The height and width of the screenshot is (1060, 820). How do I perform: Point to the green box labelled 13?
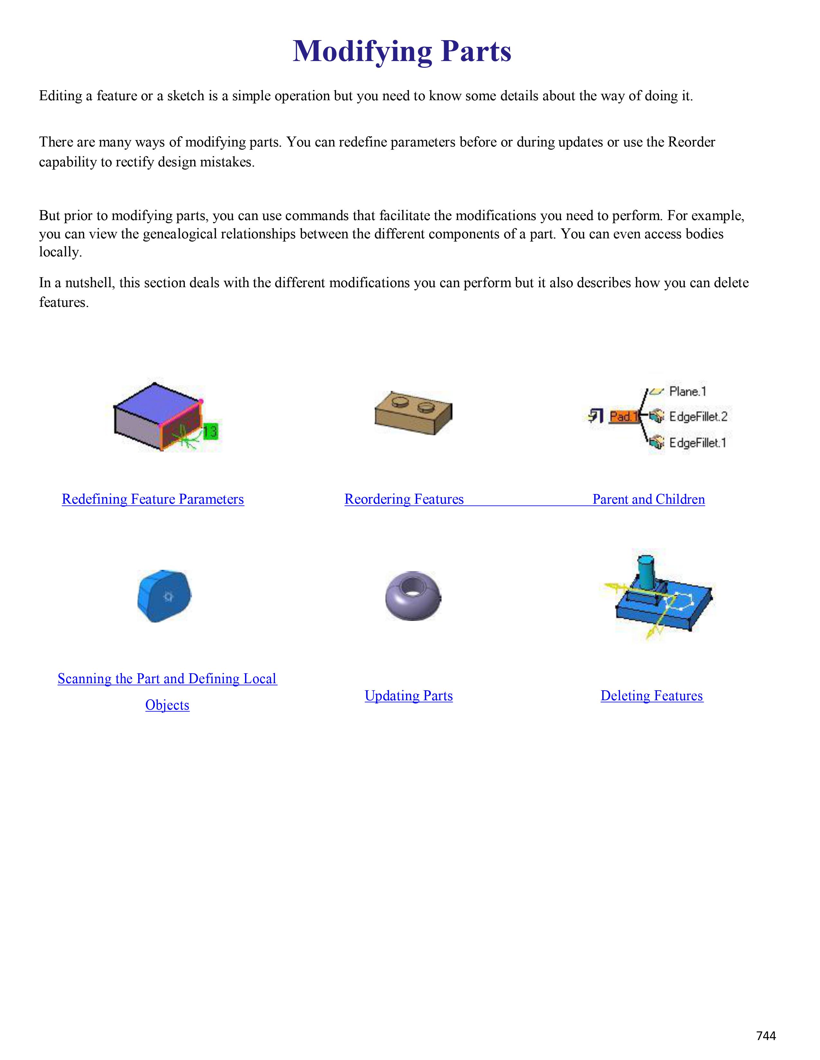(210, 431)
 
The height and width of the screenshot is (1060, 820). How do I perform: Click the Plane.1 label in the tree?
(688, 391)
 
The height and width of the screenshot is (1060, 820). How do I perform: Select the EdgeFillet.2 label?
(697, 416)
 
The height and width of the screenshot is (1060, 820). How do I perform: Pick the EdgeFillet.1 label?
(697, 443)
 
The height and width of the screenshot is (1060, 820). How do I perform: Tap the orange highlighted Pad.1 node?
(623, 416)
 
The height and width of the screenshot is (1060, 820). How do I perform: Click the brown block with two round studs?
(413, 413)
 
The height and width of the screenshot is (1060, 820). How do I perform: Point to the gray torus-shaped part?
(413, 596)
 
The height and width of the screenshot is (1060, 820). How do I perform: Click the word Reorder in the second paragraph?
(691, 142)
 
